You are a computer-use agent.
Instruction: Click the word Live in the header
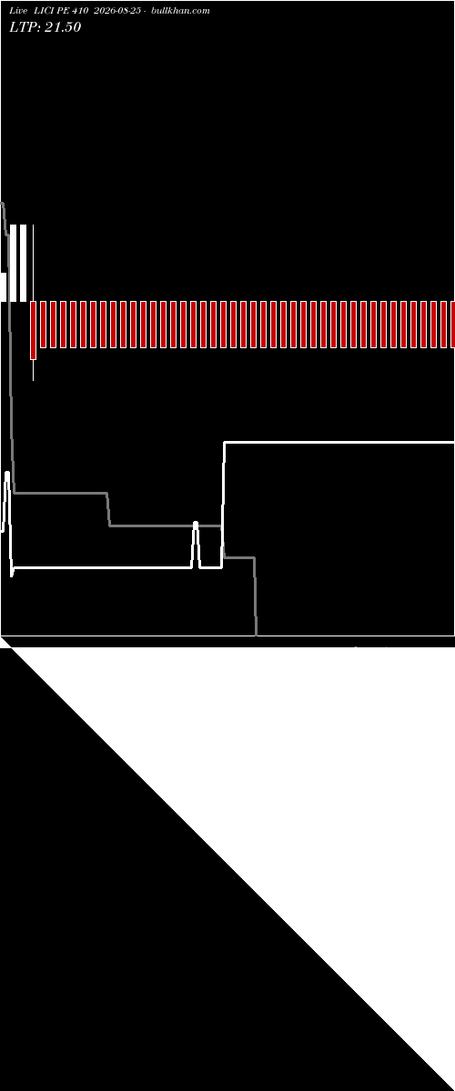coord(18,11)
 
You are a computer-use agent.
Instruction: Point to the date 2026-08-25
coord(117,11)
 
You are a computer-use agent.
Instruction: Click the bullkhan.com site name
coord(180,11)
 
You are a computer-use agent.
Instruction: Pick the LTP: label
coord(25,27)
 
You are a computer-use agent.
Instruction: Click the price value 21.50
coord(63,27)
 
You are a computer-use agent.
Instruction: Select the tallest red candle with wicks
coord(33,330)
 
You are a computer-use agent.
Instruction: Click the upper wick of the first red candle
coord(33,263)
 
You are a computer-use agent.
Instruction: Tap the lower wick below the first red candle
coord(33,370)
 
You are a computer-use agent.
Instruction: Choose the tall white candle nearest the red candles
coord(23,263)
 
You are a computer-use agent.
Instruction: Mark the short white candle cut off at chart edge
coord(4,287)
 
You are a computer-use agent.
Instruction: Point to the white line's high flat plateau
coord(339,442)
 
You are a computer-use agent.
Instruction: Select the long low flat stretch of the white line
coord(103,567)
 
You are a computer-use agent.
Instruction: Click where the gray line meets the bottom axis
coord(257,636)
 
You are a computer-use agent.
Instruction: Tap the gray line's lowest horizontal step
coord(239,557)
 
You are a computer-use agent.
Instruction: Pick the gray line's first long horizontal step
coord(60,493)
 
